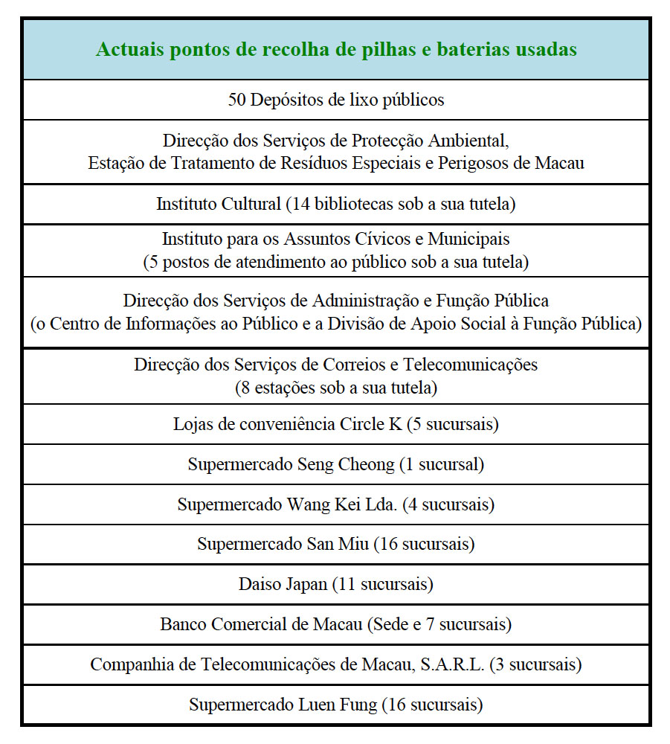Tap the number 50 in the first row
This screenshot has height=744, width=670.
point(236,100)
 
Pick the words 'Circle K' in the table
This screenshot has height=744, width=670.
point(370,424)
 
